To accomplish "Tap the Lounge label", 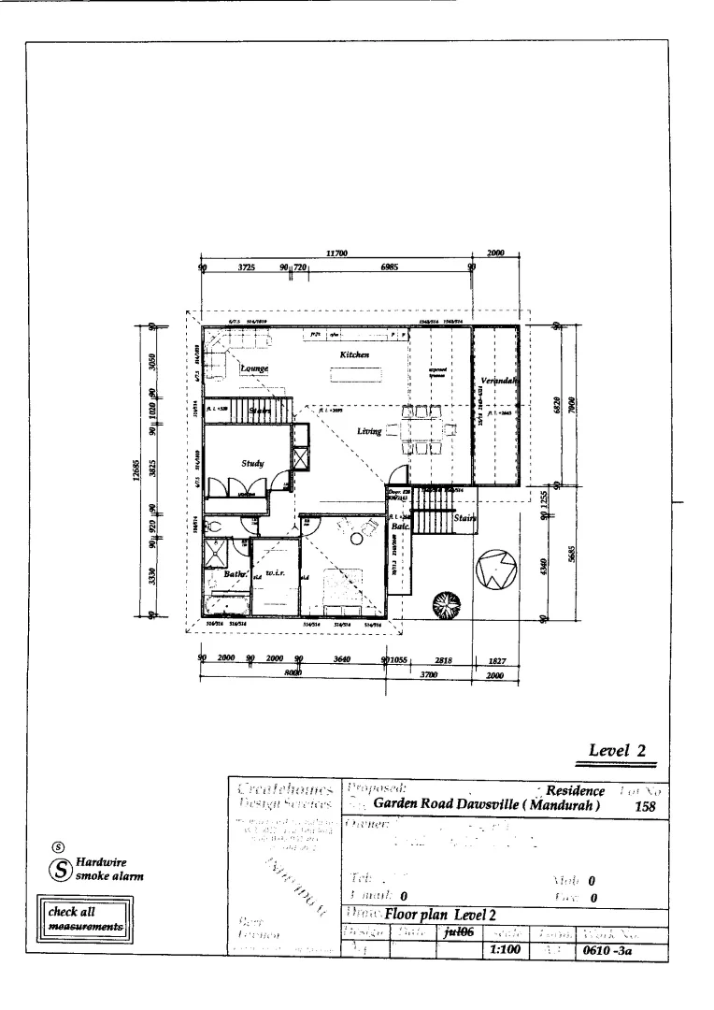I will [x=254, y=368].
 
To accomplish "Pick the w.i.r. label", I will [x=275, y=571].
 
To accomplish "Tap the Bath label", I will [x=236, y=573].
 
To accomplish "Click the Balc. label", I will [x=397, y=527].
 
